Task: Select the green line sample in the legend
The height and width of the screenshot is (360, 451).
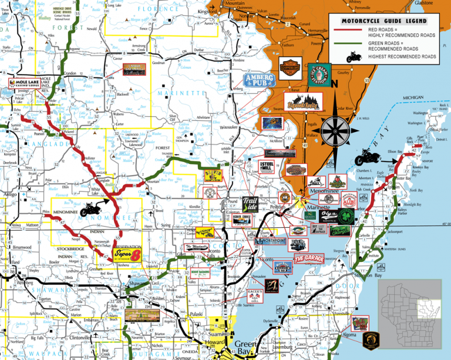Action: point(342,46)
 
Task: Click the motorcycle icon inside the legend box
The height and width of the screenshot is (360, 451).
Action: point(356,58)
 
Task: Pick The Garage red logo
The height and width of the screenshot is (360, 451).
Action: point(309,258)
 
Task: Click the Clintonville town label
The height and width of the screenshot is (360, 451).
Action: point(80,338)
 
